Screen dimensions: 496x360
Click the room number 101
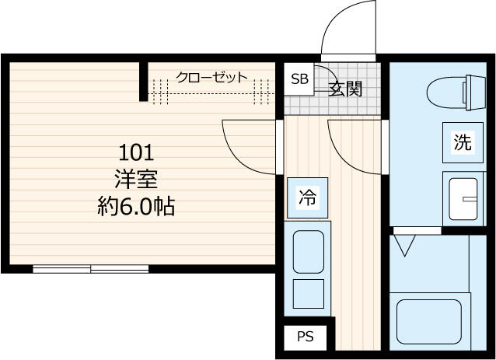tap(136, 152)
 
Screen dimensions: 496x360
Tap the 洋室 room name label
tap(136, 179)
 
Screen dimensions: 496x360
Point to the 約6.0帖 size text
tap(136, 206)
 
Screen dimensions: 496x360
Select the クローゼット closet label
tap(211, 77)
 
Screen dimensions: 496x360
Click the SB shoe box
tap(299, 79)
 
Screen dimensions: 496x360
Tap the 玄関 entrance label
tap(345, 89)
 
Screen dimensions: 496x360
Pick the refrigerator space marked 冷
tap(307, 197)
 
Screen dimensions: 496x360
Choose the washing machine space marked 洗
tap(463, 142)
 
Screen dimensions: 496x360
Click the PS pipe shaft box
tap(305, 337)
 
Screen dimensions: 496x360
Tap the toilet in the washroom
tap(456, 93)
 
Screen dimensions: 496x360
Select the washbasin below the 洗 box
tap(463, 199)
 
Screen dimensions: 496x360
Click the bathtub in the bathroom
tap(429, 322)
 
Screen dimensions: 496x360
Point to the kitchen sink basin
tap(309, 252)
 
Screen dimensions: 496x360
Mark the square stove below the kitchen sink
tap(309, 294)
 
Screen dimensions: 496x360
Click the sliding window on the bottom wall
tap(91, 269)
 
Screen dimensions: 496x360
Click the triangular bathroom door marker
tap(404, 246)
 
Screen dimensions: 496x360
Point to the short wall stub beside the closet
tap(144, 82)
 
